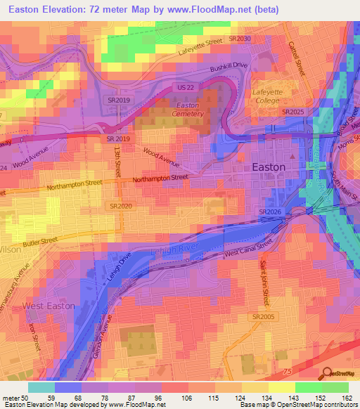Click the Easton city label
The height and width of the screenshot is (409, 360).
click(x=269, y=167)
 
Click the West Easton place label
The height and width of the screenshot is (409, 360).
click(x=49, y=306)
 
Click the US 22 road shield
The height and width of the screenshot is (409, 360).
click(x=184, y=86)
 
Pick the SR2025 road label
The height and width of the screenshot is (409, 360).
click(x=292, y=112)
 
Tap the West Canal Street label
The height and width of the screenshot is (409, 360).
click(x=247, y=248)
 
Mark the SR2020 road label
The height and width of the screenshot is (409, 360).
click(x=121, y=206)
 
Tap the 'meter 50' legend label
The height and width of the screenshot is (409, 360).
click(x=14, y=397)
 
